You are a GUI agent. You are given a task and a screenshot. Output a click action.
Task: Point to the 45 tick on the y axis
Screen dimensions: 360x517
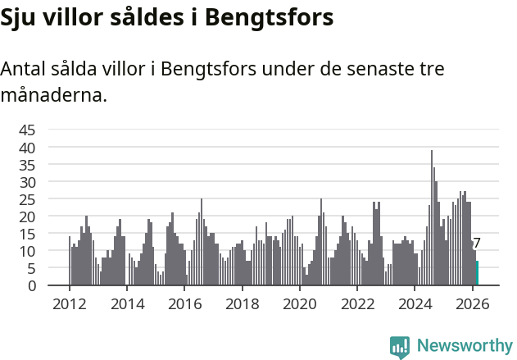[27, 130]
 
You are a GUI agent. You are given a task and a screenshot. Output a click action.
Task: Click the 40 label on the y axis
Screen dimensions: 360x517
[27, 147]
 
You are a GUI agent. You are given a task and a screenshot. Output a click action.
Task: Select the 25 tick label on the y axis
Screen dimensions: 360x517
[27, 199]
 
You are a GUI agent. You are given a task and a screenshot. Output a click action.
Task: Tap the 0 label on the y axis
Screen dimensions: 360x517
[32, 285]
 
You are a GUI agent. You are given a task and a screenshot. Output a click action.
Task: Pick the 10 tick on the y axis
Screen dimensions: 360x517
[27, 251]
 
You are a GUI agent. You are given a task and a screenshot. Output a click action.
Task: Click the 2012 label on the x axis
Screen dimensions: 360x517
[69, 303]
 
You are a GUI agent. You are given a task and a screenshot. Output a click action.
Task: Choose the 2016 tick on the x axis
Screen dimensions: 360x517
[184, 303]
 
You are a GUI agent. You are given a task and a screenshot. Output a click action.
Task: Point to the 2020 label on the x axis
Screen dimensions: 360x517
[299, 303]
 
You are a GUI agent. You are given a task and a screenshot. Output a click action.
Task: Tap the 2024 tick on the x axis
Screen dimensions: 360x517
[415, 303]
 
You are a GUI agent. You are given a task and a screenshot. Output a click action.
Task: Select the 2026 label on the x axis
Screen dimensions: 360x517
[472, 303]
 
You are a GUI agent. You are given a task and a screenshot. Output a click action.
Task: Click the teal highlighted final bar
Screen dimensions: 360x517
[477, 274]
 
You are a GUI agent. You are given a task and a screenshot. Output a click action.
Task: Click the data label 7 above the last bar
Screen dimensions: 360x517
[477, 244]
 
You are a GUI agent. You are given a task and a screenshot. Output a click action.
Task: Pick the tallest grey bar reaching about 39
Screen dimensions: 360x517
[432, 218]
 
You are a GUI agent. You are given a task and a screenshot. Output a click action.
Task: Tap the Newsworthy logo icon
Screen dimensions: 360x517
[400, 347]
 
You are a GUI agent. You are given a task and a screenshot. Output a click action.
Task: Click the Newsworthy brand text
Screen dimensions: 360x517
[464, 346]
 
